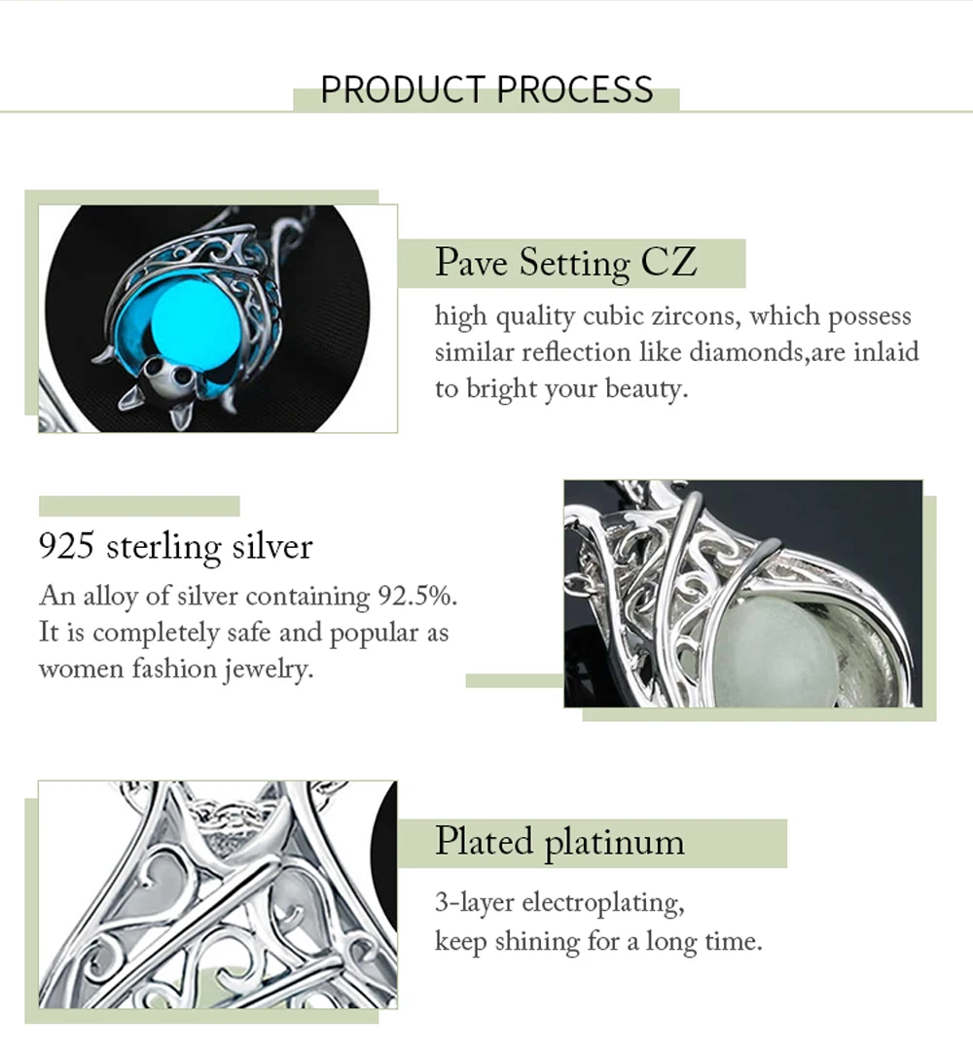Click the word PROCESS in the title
575,90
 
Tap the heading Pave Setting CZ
565,263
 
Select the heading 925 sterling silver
175,546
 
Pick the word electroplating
603,903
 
